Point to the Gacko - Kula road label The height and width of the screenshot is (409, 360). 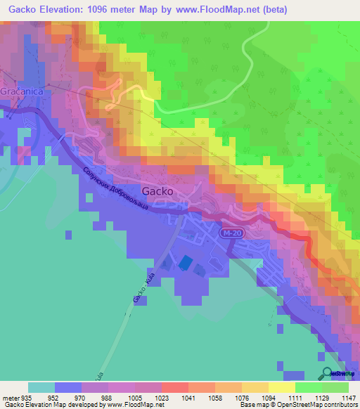point(143,287)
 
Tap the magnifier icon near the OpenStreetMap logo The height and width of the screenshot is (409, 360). point(325,374)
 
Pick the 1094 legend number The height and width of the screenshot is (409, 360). point(268,397)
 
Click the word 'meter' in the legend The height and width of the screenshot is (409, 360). point(11,397)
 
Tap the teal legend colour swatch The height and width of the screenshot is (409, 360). point(41,387)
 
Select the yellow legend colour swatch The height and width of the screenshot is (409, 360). point(281,387)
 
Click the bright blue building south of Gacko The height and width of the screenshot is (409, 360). point(184,262)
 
